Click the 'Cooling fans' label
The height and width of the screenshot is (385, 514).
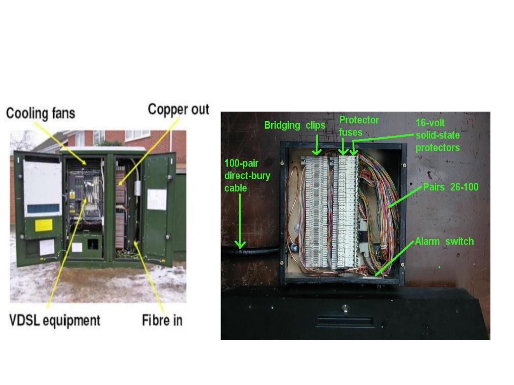click(41, 113)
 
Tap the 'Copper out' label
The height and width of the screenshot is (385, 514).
click(178, 109)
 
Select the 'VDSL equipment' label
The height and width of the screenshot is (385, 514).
click(55, 320)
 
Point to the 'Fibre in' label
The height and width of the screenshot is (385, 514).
click(162, 320)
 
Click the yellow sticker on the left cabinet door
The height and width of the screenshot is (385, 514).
click(44, 225)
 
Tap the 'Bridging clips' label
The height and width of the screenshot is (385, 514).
click(294, 125)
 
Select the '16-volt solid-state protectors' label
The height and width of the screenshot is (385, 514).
click(438, 135)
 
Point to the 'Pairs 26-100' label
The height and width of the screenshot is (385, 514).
click(450, 187)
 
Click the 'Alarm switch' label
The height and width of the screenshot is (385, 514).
click(444, 241)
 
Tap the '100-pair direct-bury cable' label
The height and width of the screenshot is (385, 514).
click(247, 175)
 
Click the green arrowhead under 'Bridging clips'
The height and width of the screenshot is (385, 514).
click(317, 152)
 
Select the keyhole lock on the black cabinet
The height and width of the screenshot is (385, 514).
click(344, 307)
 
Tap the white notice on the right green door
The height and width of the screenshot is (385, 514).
click(157, 199)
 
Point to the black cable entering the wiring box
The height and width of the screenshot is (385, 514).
click(250, 251)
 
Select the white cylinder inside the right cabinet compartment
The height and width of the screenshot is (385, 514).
click(138, 188)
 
